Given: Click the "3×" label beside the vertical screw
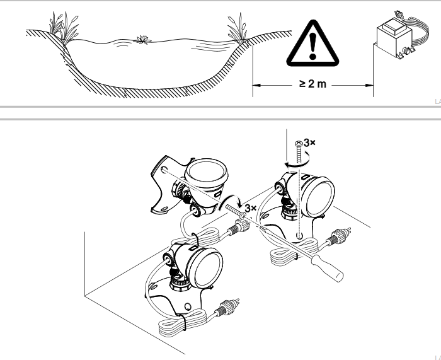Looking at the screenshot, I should click(309, 143).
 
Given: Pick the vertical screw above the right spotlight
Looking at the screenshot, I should click(297, 150).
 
